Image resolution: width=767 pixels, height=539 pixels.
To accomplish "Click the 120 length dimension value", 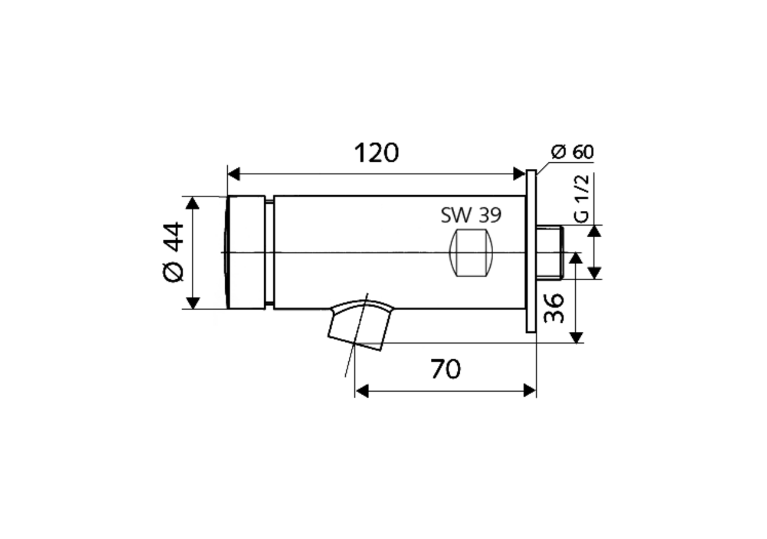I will click(376, 153).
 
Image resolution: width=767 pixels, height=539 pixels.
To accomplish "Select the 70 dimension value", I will click(446, 370).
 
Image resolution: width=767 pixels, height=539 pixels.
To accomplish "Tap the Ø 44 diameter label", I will click(173, 252).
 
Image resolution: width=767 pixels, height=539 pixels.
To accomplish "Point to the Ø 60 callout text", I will click(572, 152).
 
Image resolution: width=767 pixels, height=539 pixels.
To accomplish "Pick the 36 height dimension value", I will click(555, 308).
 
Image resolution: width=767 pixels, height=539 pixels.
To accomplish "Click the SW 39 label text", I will click(471, 216).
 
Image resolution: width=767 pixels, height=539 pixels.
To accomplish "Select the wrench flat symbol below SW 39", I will click(471, 252).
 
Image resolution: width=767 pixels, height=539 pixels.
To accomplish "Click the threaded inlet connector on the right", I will click(549, 252).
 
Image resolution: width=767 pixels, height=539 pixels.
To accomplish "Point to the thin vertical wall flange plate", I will click(531, 251).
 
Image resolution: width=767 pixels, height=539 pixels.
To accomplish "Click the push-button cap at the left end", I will click(246, 252).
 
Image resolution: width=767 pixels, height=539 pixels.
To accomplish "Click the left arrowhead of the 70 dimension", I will click(361, 391).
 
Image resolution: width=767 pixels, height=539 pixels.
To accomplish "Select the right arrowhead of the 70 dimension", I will click(529, 391).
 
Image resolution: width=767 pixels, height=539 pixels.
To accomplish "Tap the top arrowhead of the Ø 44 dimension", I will click(192, 203).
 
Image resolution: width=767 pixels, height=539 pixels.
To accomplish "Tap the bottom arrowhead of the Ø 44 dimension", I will click(192, 302).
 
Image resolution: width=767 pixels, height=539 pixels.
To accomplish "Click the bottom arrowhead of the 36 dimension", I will click(576, 337).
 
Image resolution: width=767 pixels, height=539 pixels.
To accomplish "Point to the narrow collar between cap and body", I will click(270, 252).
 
